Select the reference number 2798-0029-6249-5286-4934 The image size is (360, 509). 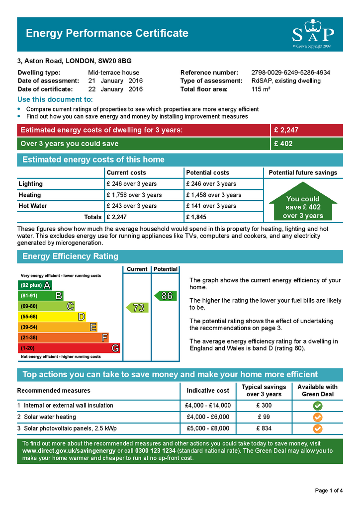290,73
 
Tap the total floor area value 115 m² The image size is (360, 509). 261,89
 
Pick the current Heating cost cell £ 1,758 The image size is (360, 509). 134,195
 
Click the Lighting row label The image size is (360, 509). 31,184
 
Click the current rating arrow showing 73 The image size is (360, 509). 137,308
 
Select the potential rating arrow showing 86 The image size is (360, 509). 165,296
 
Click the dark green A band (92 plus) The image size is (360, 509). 35,285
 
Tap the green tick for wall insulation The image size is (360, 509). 318,406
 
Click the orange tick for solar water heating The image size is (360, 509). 318,417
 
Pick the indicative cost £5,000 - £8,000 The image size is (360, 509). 208,428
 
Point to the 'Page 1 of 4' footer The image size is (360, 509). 329,491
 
